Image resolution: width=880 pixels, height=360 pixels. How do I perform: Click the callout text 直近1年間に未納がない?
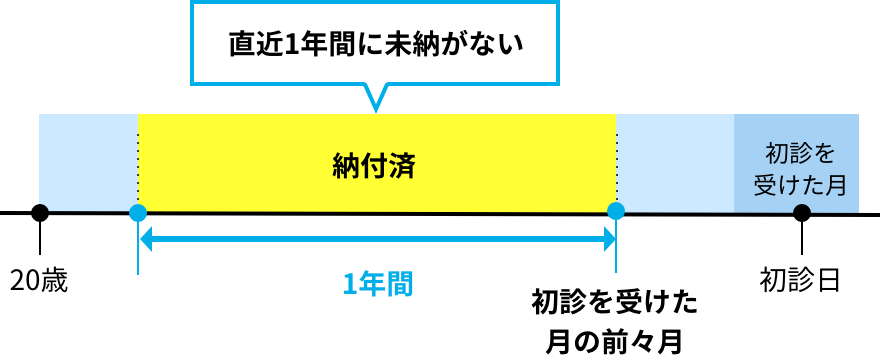[375, 44]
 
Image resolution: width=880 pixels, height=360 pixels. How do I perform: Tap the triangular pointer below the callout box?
[375, 97]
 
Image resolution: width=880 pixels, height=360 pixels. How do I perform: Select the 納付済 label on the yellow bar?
[373, 166]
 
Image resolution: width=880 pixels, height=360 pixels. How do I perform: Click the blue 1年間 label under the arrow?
[377, 284]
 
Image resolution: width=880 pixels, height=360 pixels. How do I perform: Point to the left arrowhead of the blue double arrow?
[146, 239]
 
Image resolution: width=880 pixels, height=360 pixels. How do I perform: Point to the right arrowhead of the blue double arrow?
[609, 239]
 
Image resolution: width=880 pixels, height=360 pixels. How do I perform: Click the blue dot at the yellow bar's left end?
[138, 212]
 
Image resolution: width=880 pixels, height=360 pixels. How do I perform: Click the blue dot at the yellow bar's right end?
[616, 211]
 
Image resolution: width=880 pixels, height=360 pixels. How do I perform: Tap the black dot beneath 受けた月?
[801, 212]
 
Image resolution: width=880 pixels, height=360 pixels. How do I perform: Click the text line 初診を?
[800, 153]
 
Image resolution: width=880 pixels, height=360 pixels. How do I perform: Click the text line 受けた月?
[800, 185]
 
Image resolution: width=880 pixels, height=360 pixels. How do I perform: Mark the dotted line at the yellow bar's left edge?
[138, 150]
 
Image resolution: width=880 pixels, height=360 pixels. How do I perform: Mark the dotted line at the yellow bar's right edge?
[616, 150]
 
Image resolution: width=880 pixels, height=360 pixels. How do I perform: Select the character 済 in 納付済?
[401, 166]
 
